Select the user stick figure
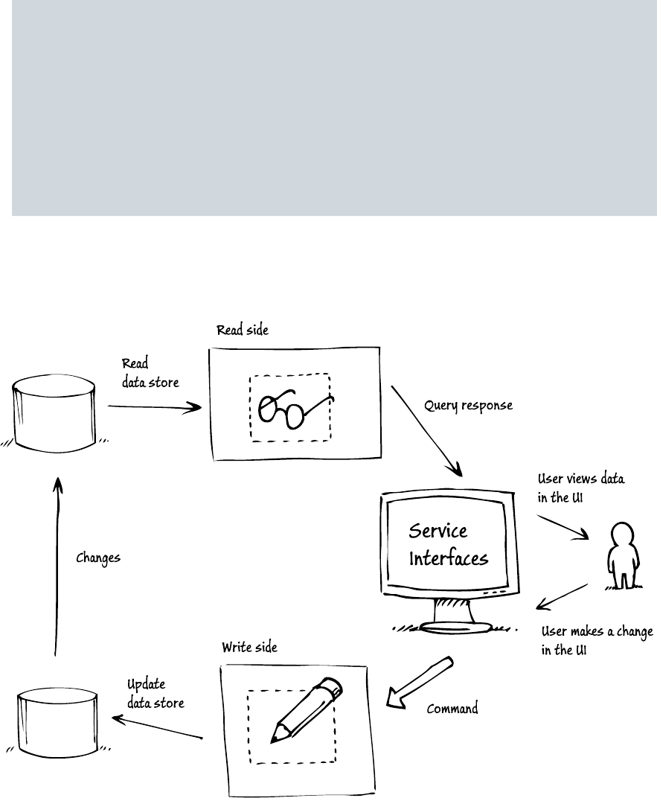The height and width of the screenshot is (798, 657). point(621,555)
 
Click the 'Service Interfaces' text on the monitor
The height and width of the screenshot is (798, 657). point(448,544)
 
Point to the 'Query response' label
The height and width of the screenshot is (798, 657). point(468,407)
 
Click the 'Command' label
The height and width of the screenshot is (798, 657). point(452,709)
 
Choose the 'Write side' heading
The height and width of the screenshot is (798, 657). point(249,647)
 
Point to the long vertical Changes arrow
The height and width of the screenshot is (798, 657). point(55,566)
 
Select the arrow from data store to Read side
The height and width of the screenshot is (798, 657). point(155,407)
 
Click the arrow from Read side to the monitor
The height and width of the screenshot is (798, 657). point(426,432)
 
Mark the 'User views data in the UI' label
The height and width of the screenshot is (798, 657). point(581,489)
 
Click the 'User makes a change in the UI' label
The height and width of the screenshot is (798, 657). point(596,640)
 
